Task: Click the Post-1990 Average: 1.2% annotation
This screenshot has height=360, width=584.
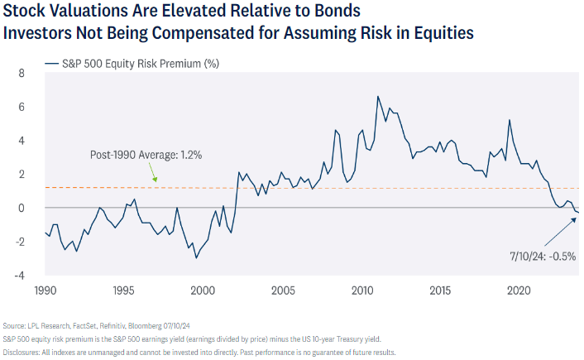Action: tap(146, 155)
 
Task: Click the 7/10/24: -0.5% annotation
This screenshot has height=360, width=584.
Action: tap(542, 257)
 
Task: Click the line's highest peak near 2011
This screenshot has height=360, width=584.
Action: tap(378, 96)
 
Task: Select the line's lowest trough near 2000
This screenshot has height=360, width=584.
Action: tap(196, 258)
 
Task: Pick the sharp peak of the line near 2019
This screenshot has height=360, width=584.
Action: tap(509, 120)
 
